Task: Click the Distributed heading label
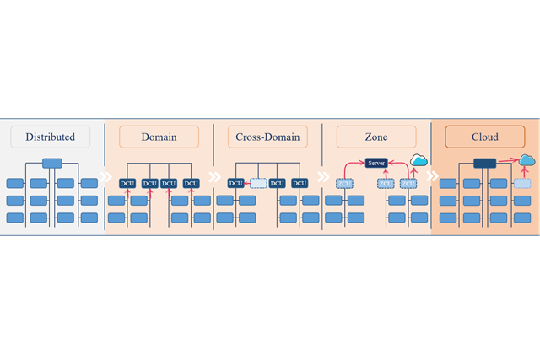coord(50,137)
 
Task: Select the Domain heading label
coord(159,137)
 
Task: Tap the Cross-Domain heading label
coord(267,137)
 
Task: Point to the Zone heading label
coord(376,137)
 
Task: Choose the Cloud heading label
coord(485,137)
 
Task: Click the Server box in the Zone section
coord(376,163)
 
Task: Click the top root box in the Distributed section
coord(52,164)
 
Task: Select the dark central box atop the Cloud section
coord(484,164)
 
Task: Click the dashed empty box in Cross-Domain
coord(258,183)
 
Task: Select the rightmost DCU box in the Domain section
coord(191,183)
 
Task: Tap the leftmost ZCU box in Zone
coord(344,183)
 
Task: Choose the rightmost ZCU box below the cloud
coord(408,183)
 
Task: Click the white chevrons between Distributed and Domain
coord(105,177)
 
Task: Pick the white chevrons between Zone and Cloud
coord(432,177)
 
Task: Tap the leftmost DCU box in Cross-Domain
coord(236,183)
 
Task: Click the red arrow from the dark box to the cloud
coord(507,162)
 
